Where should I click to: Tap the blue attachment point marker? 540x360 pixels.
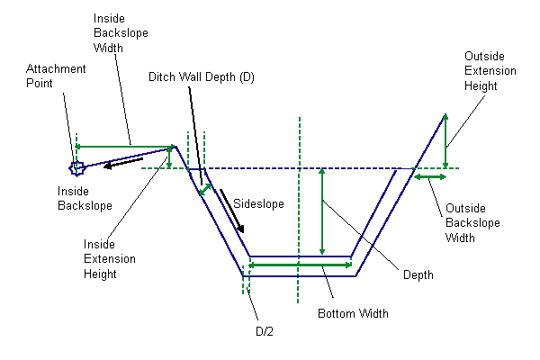76,166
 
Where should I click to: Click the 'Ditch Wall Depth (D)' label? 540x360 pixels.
202,77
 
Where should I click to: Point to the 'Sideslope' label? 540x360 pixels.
258,204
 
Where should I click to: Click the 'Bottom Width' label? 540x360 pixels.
354,314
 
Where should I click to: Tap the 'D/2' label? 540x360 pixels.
264,331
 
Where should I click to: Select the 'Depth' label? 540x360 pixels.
418,275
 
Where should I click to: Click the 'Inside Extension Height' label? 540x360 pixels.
109,258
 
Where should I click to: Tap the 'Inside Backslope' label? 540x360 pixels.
85,199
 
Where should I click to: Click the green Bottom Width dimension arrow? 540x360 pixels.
299,265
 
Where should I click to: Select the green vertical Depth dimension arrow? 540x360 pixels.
321,212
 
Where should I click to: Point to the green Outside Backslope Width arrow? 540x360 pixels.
430,177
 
